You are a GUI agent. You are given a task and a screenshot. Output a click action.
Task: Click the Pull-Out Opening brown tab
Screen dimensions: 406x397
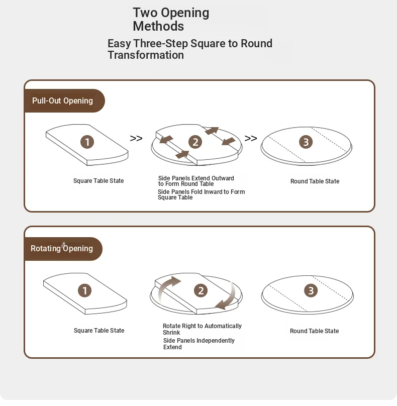[63, 100]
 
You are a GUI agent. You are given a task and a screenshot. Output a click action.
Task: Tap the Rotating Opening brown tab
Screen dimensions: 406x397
[62, 248]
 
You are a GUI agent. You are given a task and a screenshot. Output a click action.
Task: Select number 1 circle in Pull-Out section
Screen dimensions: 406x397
[87, 142]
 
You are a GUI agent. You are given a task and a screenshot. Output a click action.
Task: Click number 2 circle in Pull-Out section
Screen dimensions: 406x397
[195, 142]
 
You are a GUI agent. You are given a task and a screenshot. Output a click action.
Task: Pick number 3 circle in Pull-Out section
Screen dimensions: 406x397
[306, 142]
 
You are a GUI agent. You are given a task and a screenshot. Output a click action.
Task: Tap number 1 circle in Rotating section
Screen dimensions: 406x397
[85, 290]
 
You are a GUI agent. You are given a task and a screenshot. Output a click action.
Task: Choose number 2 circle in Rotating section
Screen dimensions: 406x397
[201, 290]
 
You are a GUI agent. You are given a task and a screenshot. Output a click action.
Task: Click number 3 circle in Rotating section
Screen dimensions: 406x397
[311, 290]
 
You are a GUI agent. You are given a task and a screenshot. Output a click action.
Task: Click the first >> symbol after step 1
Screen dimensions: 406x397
[136, 139]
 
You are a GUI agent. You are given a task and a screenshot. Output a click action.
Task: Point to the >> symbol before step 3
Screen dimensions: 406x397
[251, 139]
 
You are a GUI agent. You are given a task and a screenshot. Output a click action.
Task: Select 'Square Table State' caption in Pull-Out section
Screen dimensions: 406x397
[98, 181]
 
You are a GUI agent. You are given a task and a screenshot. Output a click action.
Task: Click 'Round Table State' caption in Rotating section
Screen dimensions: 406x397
[314, 331]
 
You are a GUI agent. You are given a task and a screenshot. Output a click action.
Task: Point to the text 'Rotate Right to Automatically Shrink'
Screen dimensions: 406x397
[202, 329]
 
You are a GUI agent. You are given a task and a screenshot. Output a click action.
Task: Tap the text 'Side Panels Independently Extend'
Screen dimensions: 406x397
[198, 344]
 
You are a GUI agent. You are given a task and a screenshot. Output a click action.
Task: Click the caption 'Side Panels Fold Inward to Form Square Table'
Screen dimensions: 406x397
[201, 194]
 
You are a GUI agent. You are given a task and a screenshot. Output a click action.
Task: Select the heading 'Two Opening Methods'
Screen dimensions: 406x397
[171, 20]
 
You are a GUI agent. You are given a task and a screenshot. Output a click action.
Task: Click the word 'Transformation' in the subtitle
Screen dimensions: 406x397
[146, 55]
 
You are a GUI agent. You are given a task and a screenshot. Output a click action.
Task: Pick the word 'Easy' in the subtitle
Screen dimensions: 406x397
[119, 43]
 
